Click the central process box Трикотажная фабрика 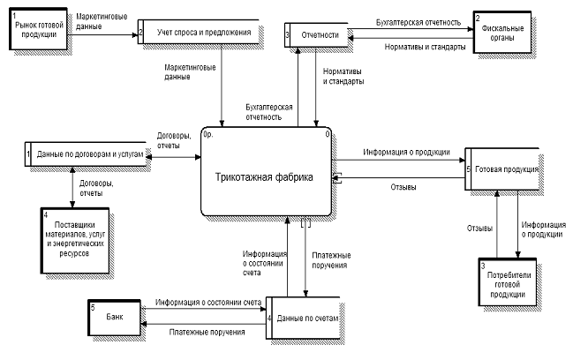pyautogui.click(x=265, y=175)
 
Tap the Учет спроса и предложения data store pyautogui.click(x=200, y=33)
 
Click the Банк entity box pyautogui.click(x=116, y=315)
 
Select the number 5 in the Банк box pyautogui.click(x=92, y=306)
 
